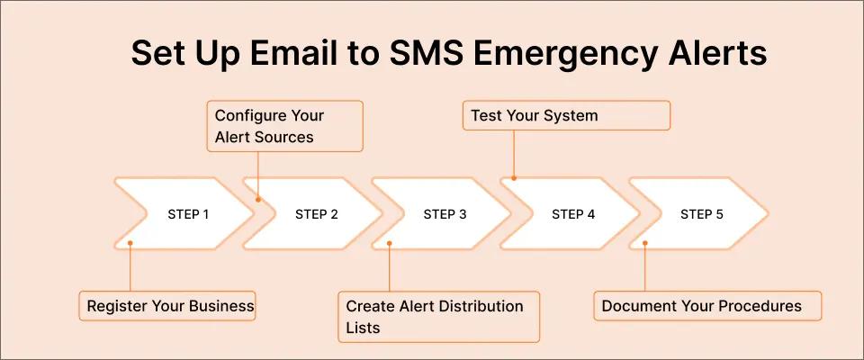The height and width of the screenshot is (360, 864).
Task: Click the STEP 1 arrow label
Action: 188,214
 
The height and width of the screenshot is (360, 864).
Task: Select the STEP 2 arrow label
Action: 317,214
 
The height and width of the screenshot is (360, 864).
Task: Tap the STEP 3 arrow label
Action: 445,214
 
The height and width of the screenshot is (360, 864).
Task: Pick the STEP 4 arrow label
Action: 573,214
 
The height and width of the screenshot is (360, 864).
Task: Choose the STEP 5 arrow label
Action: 701,214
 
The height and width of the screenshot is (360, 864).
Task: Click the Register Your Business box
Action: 170,306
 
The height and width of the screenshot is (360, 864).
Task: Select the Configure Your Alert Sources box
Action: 287,126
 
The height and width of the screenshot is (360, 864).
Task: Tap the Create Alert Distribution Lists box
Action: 438,316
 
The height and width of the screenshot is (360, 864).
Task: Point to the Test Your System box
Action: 567,115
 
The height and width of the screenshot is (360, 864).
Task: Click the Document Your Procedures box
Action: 707,306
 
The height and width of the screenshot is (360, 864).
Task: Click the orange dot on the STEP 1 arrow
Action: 130,243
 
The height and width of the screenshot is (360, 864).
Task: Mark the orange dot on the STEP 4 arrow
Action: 514,178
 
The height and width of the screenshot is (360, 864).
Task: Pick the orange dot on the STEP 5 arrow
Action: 645,243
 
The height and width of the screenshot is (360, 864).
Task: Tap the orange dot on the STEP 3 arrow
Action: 388,243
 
